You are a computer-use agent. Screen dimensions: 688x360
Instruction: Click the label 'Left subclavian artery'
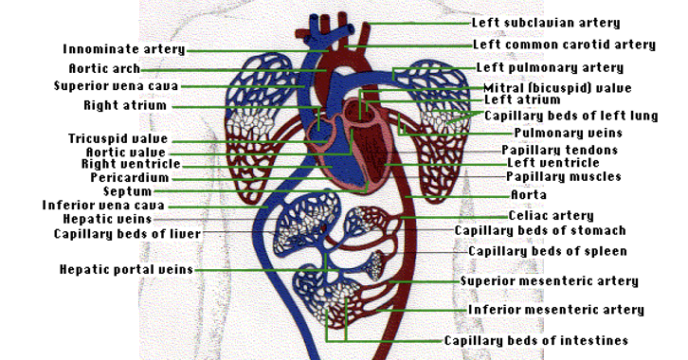pos(546,23)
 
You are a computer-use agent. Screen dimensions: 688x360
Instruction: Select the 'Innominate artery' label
pos(124,49)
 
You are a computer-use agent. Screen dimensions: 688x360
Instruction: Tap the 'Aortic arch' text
pos(104,69)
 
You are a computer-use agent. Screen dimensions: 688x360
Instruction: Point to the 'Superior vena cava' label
pos(117,86)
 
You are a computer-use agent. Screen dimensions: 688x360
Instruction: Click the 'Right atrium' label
pos(125,106)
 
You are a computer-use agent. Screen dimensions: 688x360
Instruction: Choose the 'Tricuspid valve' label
pos(118,139)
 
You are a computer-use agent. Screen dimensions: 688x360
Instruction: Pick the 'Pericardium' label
pos(130,177)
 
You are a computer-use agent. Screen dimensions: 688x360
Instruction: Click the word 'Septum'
pos(128,191)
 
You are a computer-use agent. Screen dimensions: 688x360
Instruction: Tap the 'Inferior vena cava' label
pos(103,206)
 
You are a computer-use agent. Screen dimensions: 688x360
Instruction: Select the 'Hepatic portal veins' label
pos(126,269)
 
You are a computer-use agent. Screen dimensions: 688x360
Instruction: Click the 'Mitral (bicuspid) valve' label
pos(557,88)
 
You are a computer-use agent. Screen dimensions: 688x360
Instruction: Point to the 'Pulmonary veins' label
pos(569,133)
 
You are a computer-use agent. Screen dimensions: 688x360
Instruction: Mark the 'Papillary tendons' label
pos(560,151)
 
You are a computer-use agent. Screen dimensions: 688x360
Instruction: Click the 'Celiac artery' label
pos(552,216)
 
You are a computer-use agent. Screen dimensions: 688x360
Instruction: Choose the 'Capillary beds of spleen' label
pos(548,251)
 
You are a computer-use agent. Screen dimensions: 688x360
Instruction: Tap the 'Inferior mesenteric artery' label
pos(556,310)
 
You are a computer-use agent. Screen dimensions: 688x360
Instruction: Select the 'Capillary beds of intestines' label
pos(536,341)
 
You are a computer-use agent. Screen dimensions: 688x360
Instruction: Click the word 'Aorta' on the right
pos(529,195)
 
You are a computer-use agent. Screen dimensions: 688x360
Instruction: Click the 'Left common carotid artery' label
pos(564,45)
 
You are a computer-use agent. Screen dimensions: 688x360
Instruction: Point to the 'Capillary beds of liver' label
pos(127,234)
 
